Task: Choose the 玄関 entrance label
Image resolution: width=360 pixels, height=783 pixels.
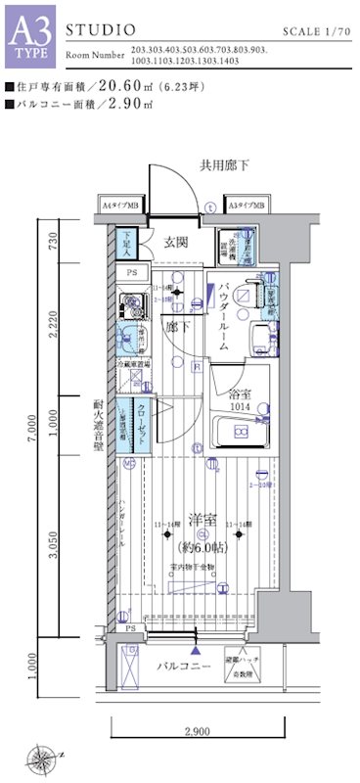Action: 177,242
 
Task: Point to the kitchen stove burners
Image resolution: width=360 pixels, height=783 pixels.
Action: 126,302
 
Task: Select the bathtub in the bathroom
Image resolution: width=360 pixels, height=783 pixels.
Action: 240,428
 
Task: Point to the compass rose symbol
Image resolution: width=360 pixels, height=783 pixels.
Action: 43,756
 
